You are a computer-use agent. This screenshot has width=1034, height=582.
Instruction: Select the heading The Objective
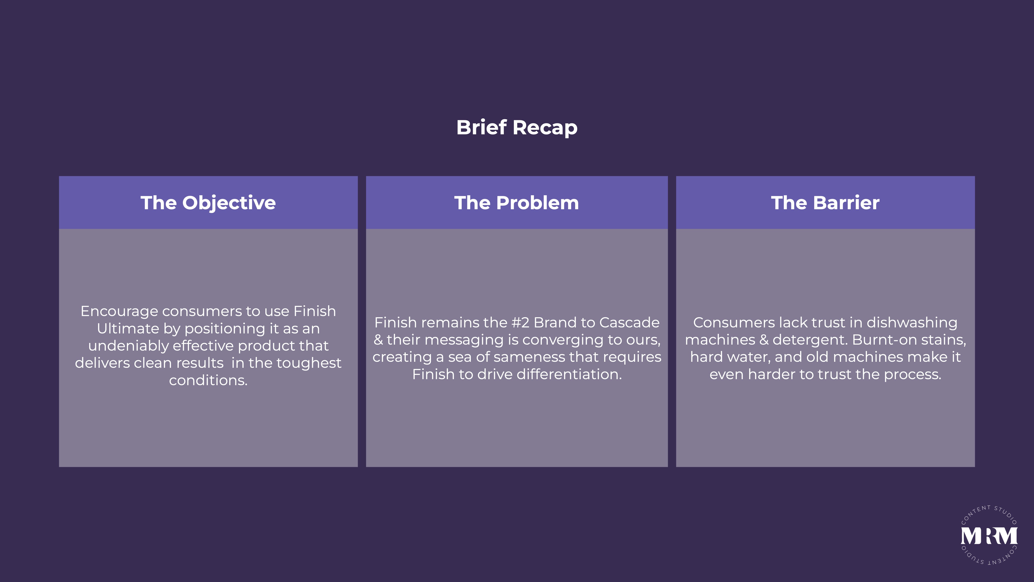pos(208,203)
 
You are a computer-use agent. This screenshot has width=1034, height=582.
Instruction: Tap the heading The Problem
pos(517,203)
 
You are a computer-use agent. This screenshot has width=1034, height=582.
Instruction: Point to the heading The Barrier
pos(825,203)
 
